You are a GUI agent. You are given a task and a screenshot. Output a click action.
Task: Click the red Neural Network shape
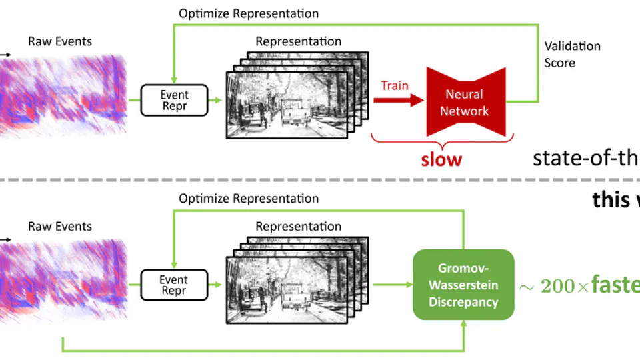[x=464, y=102]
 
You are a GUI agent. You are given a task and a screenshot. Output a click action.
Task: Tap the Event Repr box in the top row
[x=174, y=101]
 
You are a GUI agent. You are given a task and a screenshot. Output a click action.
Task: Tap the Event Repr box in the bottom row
[x=174, y=285]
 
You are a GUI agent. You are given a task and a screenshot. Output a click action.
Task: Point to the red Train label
[x=394, y=85]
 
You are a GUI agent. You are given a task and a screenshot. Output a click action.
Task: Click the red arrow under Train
[x=399, y=101]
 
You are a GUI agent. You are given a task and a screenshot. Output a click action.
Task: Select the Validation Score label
[x=572, y=54]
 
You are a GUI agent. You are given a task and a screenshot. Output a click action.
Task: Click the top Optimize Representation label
[x=249, y=13]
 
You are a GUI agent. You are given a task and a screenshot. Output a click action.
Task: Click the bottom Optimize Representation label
[x=249, y=198]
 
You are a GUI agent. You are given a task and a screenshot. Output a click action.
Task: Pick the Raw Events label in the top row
[x=60, y=41]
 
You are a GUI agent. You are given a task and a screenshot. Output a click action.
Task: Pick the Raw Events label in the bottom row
[x=60, y=226]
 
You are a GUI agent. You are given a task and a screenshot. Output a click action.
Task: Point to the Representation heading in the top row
[x=298, y=41]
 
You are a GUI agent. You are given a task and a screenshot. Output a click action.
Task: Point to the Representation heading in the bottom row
[x=298, y=226]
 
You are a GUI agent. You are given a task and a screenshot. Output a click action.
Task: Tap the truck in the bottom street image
[x=294, y=298]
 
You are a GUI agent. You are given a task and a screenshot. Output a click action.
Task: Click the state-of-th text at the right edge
[x=586, y=158]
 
